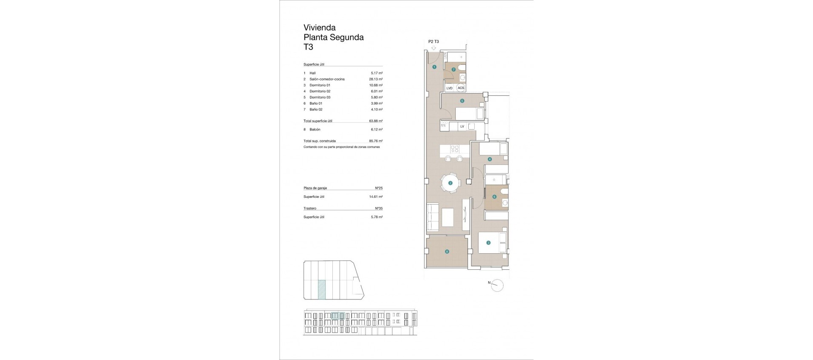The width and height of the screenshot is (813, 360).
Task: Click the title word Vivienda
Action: [x=320, y=28]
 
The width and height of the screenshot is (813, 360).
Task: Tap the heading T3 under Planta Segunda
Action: [x=308, y=47]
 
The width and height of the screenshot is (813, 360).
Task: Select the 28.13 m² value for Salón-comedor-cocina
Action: [x=376, y=79]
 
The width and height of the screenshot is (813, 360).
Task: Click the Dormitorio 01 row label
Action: [x=320, y=85]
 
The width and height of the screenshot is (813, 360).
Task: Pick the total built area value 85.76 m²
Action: [x=376, y=141]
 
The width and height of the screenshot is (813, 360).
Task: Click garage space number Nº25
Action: [x=379, y=188]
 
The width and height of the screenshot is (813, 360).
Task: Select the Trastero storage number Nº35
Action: [x=379, y=208]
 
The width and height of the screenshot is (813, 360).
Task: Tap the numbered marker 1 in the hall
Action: [x=434, y=67]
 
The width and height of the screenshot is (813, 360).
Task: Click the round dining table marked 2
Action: [x=450, y=183]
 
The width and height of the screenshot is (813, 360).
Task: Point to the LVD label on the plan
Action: [x=449, y=88]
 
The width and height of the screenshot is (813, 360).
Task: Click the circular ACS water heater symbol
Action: [x=461, y=88]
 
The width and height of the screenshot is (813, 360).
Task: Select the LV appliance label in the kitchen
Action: [x=462, y=126]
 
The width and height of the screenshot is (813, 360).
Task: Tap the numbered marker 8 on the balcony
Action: [x=447, y=252]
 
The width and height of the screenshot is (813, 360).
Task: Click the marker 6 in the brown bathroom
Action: [x=494, y=197]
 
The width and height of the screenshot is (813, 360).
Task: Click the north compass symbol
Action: [x=498, y=286]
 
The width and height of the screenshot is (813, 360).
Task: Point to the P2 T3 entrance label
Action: [x=434, y=42]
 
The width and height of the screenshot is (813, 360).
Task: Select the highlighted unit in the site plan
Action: [x=322, y=290]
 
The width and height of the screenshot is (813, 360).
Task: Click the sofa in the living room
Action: [x=433, y=217]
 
